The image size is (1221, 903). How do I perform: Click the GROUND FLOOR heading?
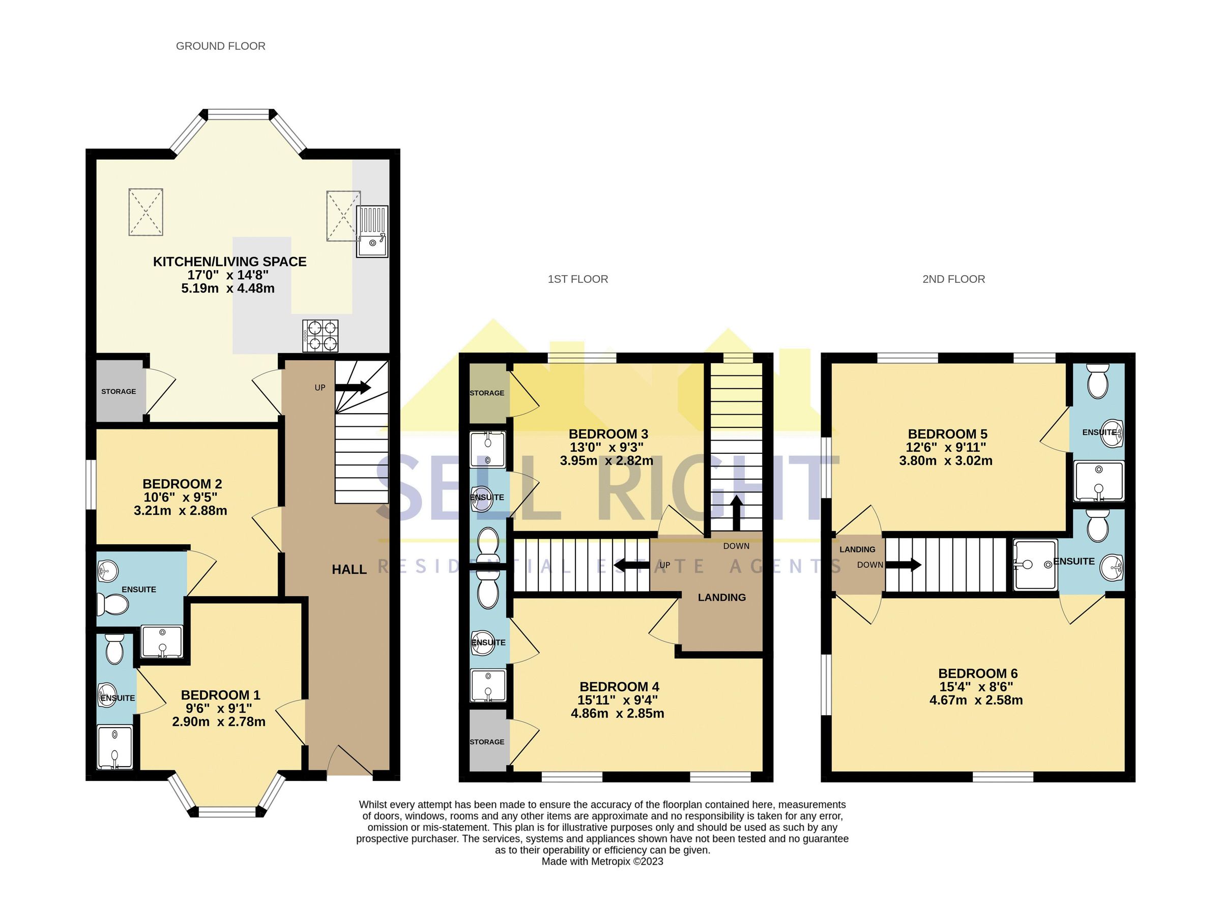point(220,46)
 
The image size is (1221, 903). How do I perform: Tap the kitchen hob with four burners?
point(321,336)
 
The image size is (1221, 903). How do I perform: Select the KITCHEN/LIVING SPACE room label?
point(229,262)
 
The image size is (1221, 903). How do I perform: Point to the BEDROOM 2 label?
point(182,484)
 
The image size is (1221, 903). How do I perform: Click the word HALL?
point(349,570)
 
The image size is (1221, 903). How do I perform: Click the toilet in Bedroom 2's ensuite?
point(113,604)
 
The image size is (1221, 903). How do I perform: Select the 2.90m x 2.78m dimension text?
point(219,721)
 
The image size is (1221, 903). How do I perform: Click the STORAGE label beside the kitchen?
point(119,391)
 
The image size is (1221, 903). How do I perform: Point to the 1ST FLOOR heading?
point(578,279)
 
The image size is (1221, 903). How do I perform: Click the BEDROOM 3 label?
point(608,434)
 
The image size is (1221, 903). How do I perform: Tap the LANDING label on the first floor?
point(721,597)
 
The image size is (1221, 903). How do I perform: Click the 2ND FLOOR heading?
point(954,279)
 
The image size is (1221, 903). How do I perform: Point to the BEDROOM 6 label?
point(978,674)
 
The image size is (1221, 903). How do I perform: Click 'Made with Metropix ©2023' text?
point(602,862)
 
